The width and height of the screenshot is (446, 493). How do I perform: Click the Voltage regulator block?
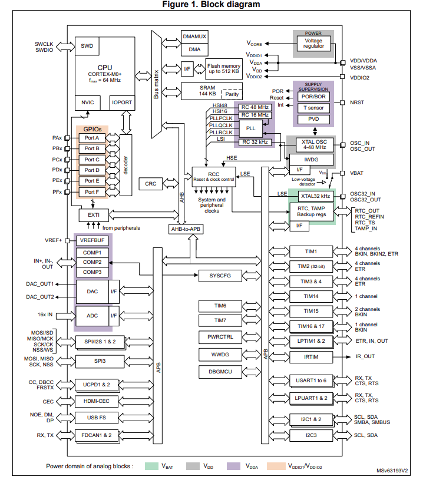(313, 43)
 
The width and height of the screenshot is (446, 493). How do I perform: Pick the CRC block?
(151, 184)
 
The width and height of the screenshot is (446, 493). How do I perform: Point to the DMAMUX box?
(194, 37)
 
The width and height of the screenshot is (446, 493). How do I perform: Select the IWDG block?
(311, 160)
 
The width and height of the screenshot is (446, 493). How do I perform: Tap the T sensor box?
(313, 108)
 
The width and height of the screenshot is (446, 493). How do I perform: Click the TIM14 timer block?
(310, 296)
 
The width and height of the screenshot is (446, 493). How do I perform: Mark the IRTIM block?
(310, 356)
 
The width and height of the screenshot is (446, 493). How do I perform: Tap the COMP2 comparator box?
(92, 262)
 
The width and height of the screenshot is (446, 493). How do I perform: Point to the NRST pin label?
(358, 102)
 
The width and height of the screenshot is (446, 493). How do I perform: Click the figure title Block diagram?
(223, 5)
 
